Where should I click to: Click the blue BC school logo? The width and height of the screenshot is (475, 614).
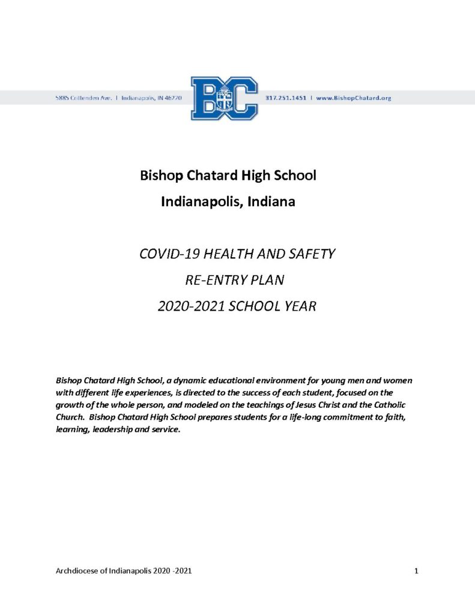[x=224, y=98]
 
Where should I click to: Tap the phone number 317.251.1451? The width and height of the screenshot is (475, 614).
[x=285, y=98]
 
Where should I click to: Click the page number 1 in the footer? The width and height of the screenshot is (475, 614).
[x=416, y=570]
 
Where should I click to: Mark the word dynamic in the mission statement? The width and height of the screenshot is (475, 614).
[x=168, y=381]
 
